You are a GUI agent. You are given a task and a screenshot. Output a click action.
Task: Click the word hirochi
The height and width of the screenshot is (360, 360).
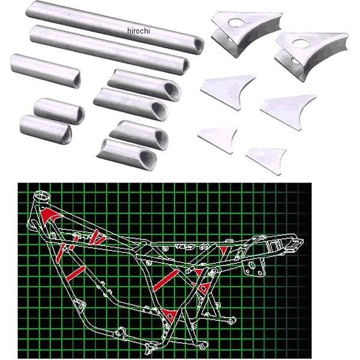click(x=138, y=31)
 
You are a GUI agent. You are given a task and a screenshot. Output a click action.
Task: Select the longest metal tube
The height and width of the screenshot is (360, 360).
click(x=115, y=27)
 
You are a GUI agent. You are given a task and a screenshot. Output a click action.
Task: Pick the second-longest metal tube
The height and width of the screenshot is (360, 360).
click(x=110, y=50)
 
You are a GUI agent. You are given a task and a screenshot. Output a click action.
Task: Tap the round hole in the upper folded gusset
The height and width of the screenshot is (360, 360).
click(x=236, y=22)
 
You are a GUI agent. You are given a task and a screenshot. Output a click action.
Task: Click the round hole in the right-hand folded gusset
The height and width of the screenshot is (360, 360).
click(x=301, y=43)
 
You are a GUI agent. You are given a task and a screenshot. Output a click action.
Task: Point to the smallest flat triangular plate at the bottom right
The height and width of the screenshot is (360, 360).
click(x=266, y=160)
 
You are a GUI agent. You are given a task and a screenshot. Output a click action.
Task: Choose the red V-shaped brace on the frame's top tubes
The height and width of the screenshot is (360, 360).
click(x=97, y=237)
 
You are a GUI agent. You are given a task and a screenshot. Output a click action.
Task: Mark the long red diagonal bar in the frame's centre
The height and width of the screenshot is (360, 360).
click(x=166, y=281)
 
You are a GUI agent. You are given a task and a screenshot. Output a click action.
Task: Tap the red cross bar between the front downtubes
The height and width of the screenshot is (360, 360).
click(x=76, y=274)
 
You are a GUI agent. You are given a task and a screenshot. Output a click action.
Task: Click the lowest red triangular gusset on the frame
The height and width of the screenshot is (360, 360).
click(x=169, y=316)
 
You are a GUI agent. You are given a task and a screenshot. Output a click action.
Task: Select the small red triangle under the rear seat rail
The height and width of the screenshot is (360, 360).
click(x=224, y=250)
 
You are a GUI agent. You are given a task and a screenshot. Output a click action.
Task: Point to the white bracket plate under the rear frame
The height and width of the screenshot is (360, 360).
click(x=254, y=268)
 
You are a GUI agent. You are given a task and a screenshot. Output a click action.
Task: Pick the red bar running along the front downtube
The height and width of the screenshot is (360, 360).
click(x=60, y=253)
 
